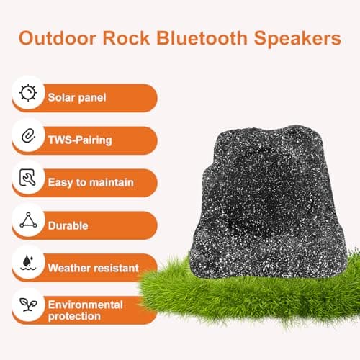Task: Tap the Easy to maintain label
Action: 91,183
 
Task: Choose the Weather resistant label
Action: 93,268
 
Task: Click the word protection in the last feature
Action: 74,318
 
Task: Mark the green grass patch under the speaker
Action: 245,302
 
